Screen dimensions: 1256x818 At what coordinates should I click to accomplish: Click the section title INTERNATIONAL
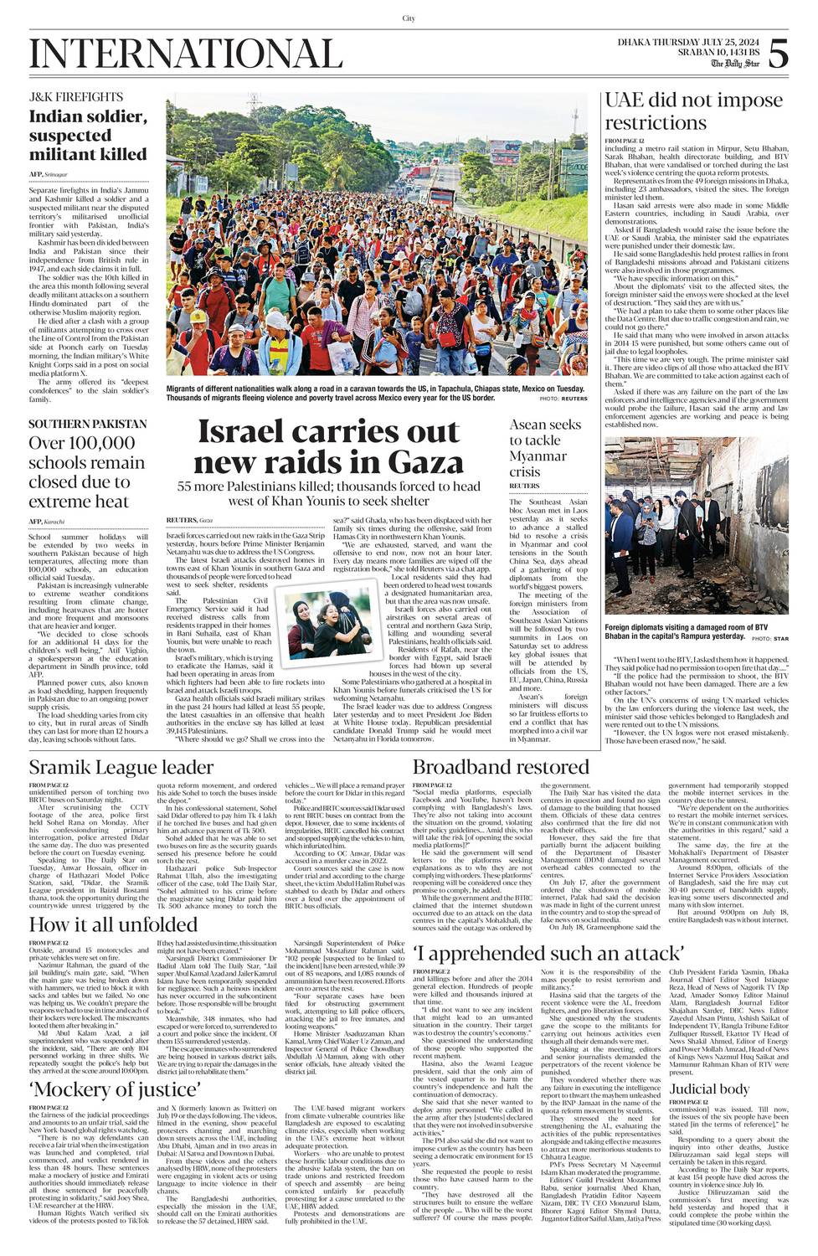[x=186, y=54]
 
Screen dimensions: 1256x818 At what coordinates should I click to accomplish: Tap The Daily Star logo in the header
[x=735, y=64]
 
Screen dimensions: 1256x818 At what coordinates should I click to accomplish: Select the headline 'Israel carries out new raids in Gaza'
[x=329, y=447]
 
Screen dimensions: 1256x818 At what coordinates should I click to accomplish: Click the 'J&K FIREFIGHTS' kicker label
[x=76, y=97]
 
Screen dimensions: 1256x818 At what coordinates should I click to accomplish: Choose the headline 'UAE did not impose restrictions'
[x=693, y=111]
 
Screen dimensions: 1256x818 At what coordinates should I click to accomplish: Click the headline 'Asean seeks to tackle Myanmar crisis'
[x=546, y=447]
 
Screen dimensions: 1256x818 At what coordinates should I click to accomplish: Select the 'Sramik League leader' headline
[x=121, y=767]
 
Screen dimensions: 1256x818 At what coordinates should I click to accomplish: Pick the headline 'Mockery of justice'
[x=115, y=1089]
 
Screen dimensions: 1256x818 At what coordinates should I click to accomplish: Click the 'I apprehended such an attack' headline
[x=549, y=953]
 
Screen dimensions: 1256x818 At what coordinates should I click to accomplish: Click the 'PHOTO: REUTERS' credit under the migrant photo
[x=563, y=399]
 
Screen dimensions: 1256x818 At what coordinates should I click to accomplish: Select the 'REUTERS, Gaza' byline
[x=189, y=520]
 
